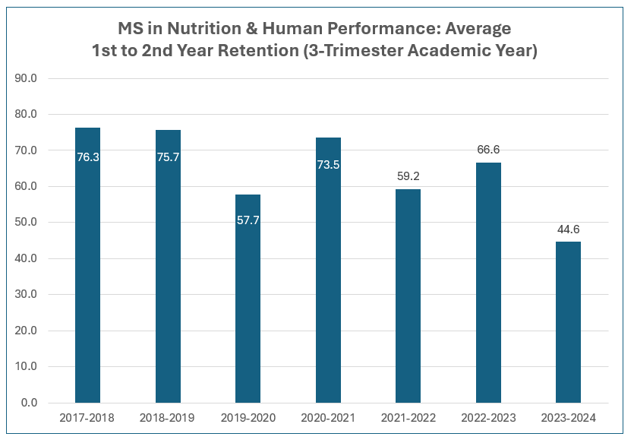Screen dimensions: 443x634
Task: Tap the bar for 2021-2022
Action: pyautogui.click(x=408, y=296)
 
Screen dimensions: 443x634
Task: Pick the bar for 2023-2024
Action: pyautogui.click(x=568, y=322)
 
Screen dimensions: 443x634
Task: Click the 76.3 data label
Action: pyautogui.click(x=88, y=157)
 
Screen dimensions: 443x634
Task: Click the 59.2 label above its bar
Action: pyautogui.click(x=408, y=176)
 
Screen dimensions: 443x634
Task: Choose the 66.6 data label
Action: pyautogui.click(x=488, y=150)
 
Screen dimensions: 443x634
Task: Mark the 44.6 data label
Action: pyautogui.click(x=569, y=229)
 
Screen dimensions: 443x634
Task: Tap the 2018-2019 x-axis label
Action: pyautogui.click(x=168, y=418)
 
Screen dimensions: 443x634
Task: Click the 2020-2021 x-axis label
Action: pyautogui.click(x=328, y=418)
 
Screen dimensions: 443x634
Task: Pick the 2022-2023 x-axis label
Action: pyautogui.click(x=488, y=418)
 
